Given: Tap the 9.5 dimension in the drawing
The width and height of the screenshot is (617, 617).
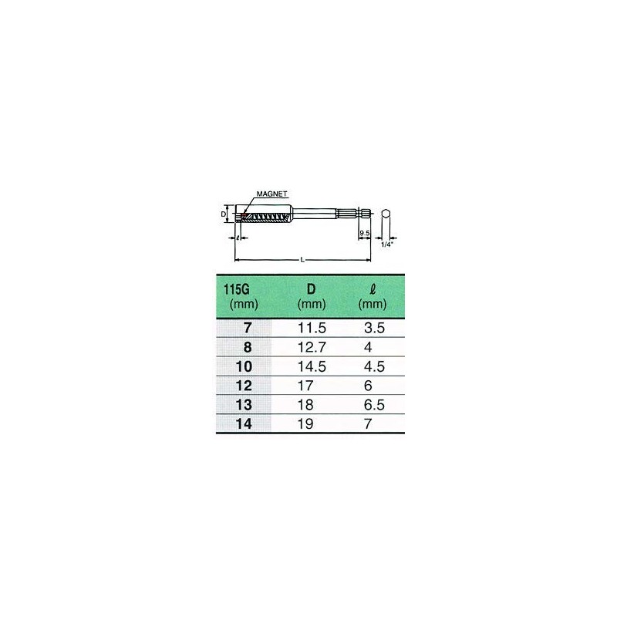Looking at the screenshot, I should click(365, 231).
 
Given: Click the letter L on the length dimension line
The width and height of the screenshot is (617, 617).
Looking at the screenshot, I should click(302, 260).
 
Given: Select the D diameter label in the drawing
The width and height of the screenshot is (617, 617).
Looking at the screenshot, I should click(224, 213).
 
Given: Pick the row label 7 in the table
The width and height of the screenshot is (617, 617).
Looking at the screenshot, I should click(248, 327).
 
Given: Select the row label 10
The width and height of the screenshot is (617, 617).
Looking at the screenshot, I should click(245, 364).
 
